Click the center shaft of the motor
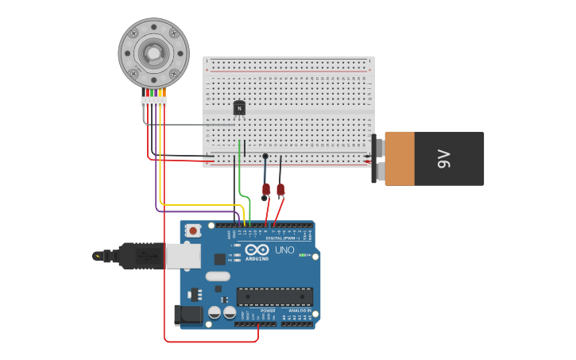point(153,53)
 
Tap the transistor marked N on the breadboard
point(239,108)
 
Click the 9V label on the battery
point(443,159)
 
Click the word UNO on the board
point(284,250)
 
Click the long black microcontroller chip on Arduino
point(274,297)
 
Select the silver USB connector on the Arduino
point(183,255)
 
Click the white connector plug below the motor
point(153,102)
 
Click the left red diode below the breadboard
point(265,190)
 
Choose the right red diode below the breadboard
point(280,190)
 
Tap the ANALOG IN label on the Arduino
point(299,311)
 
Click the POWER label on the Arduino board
point(257,311)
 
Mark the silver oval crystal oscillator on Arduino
point(218,277)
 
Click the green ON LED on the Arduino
point(303,255)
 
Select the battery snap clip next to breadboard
point(377,159)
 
